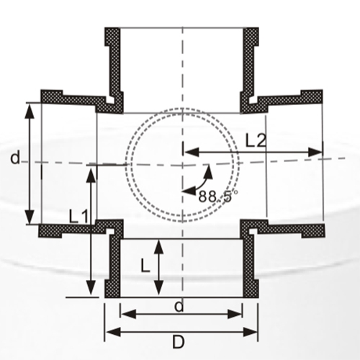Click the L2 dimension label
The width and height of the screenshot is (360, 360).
[x=256, y=141]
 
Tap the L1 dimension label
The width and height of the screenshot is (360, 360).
[x=78, y=215]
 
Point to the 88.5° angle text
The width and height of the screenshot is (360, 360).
[x=218, y=196]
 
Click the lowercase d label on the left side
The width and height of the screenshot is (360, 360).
[x=14, y=158]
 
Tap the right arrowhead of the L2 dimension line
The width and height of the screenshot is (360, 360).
[x=317, y=152]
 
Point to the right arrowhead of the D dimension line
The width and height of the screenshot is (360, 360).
[x=253, y=332]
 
